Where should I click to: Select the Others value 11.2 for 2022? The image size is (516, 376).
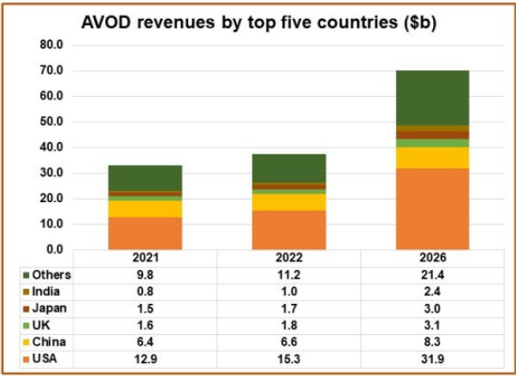coord(288,275)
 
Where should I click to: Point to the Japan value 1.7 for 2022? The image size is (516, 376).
coord(288,309)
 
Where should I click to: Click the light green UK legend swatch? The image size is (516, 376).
coord(27,326)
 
